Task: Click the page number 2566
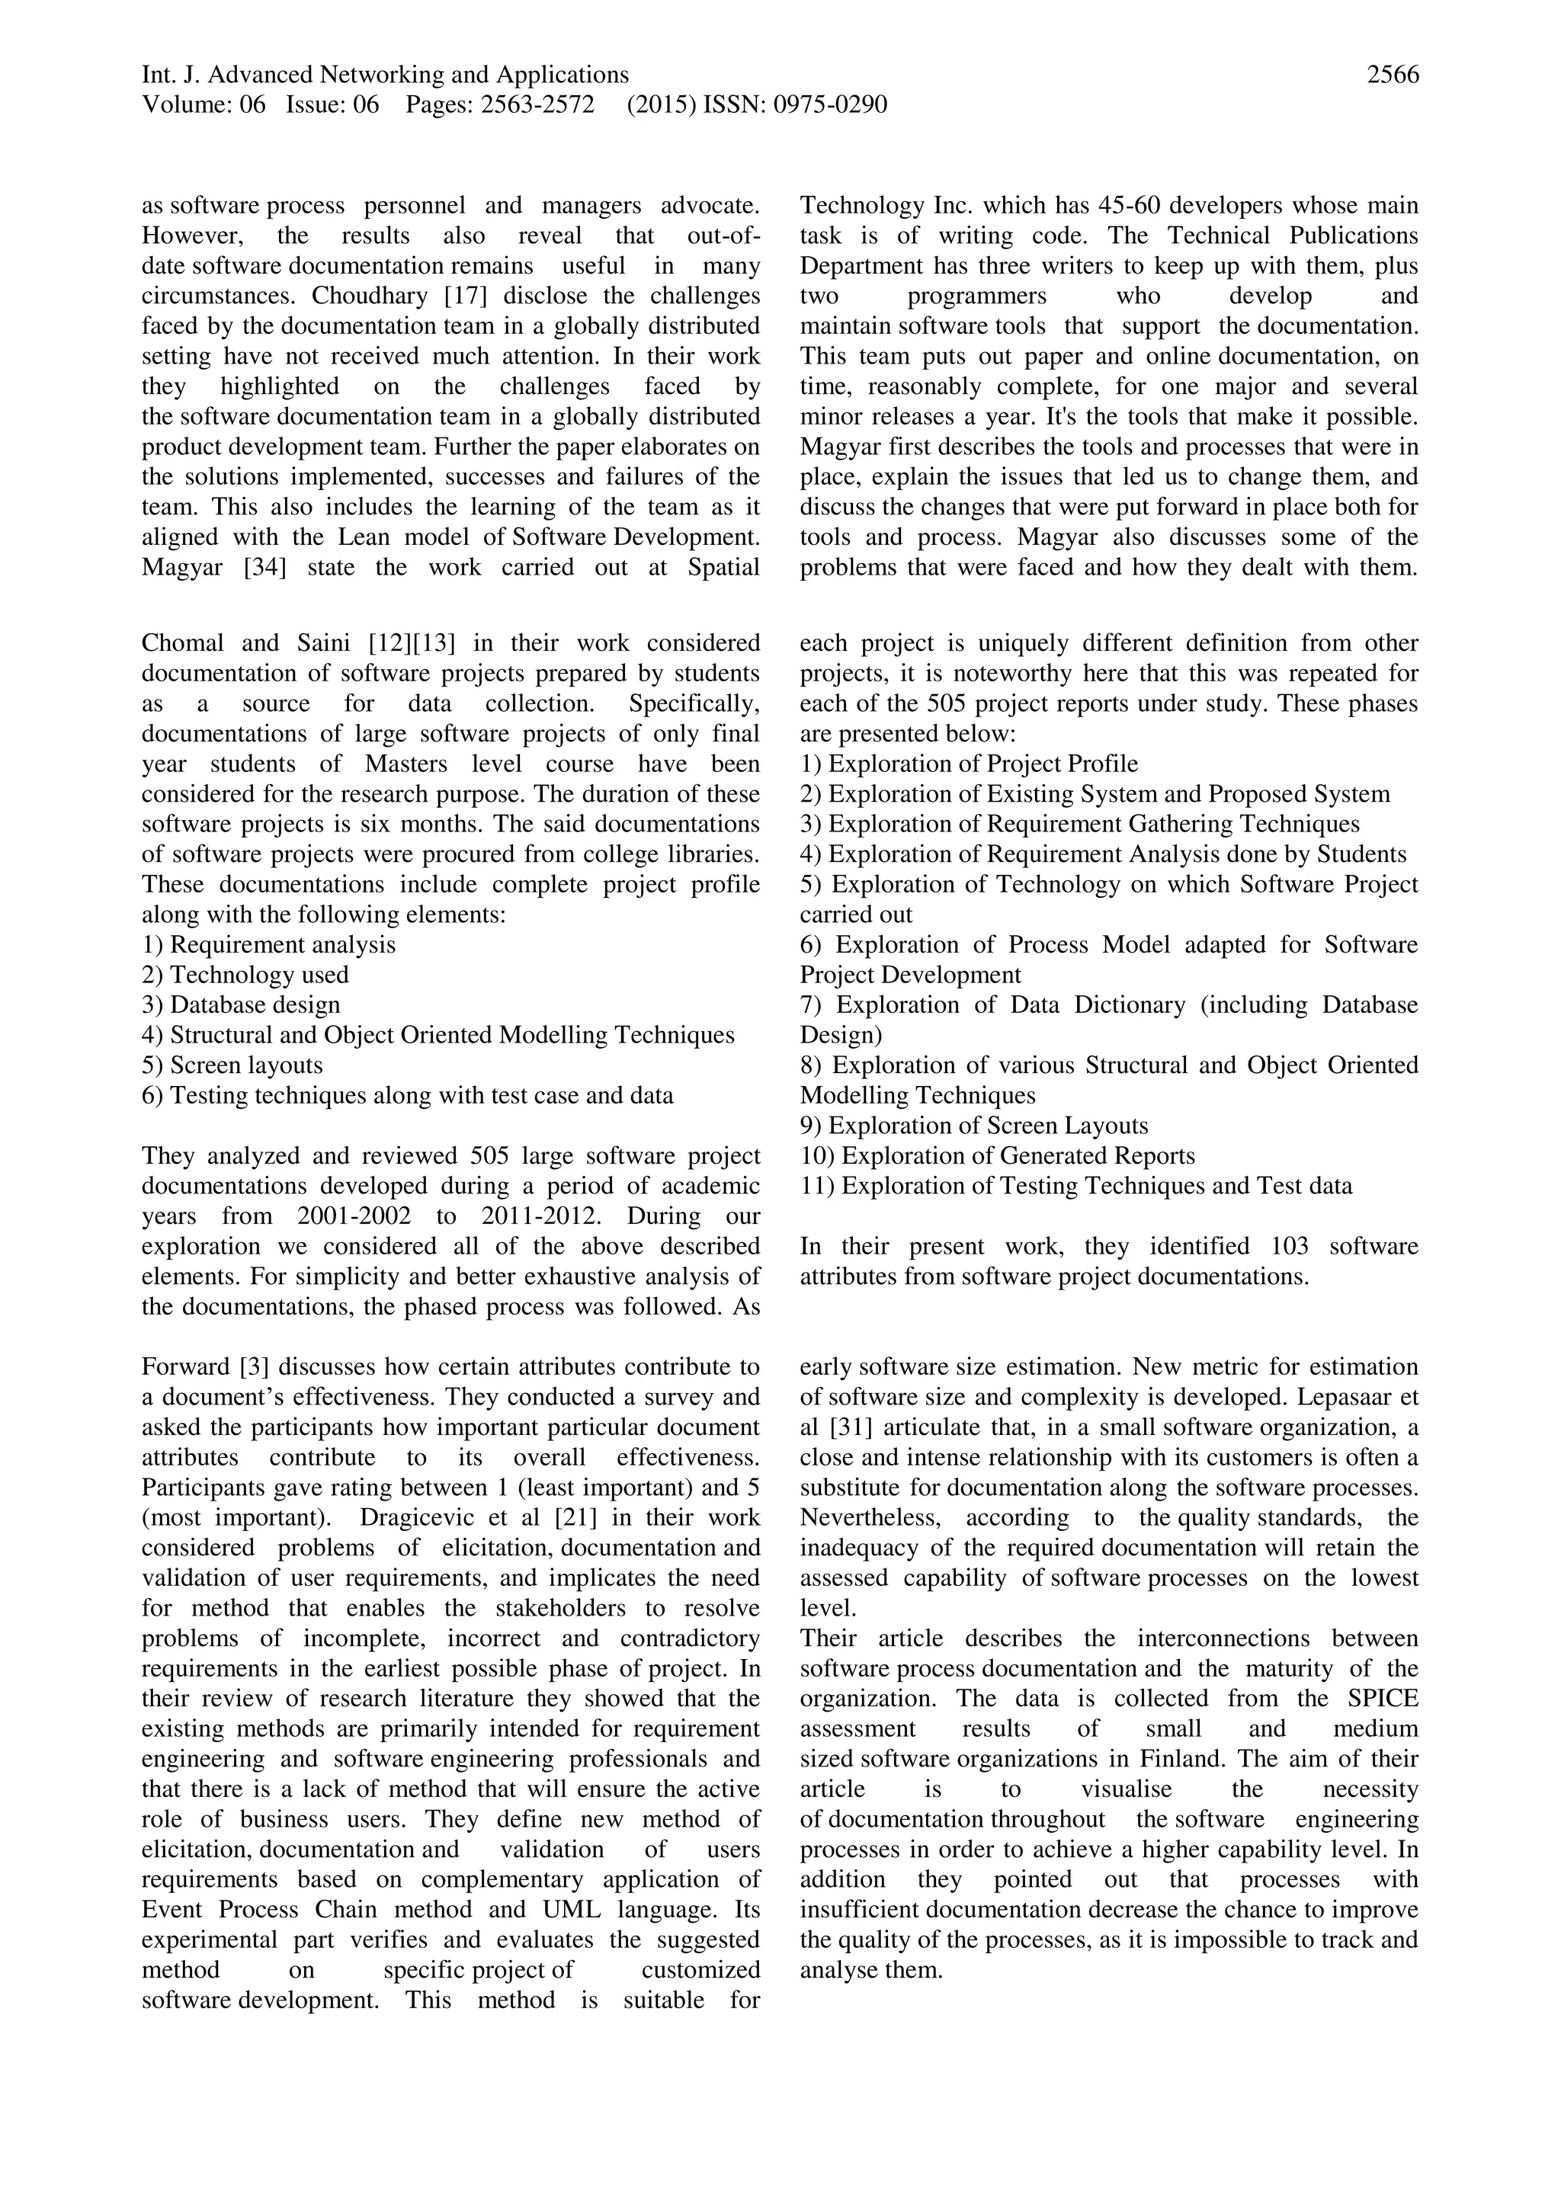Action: coord(1392,75)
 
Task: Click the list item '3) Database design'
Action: coord(242,1004)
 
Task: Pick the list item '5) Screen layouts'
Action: coord(232,1065)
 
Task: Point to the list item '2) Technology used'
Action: coord(245,975)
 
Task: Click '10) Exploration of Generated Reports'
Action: coord(997,1155)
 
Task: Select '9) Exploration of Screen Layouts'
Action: coord(973,1126)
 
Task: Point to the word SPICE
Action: coord(1380,1699)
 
